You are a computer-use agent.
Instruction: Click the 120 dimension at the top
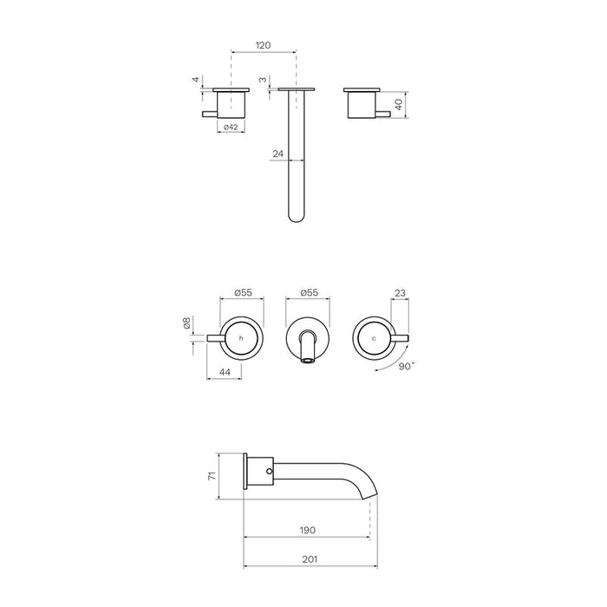click(264, 45)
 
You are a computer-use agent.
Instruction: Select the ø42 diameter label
click(231, 127)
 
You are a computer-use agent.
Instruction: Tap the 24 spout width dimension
click(278, 153)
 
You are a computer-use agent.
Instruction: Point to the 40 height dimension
click(399, 105)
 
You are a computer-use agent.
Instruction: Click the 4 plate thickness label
click(196, 80)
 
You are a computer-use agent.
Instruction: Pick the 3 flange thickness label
click(263, 80)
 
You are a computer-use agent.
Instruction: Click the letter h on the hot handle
click(241, 338)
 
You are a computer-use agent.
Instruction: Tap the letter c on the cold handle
click(374, 339)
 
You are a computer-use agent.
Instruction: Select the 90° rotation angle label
click(407, 366)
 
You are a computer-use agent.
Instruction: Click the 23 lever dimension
click(400, 293)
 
